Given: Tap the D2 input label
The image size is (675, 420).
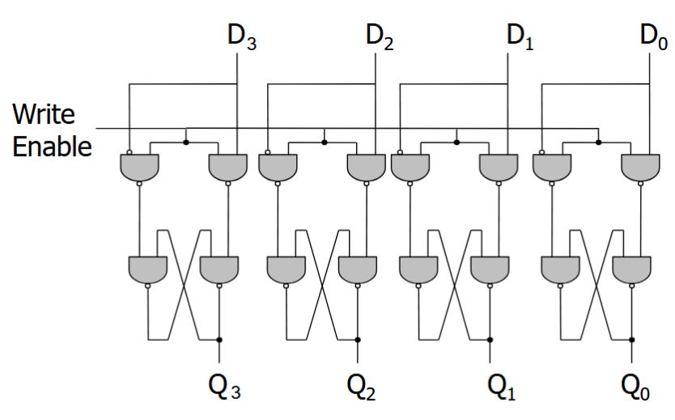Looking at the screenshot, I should [380, 37].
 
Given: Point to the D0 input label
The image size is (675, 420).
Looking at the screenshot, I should [653, 37].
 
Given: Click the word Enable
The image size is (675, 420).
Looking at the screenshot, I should [51, 146].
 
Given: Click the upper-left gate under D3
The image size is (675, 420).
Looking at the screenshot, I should [138, 167].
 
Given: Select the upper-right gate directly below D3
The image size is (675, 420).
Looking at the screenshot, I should [227, 167].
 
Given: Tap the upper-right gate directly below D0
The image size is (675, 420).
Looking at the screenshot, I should [639, 167].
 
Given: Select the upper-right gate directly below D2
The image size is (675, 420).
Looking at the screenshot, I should [366, 167].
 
